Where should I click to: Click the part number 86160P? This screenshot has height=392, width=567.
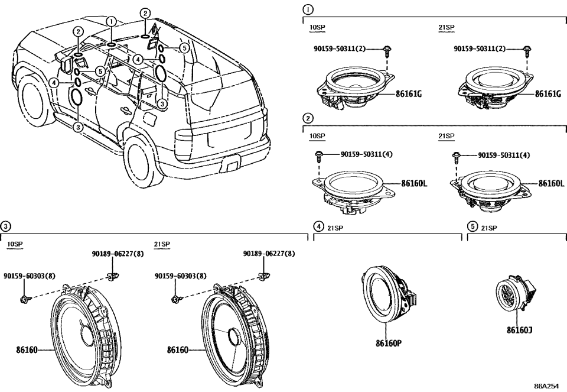388,342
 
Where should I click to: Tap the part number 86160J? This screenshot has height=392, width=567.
519,330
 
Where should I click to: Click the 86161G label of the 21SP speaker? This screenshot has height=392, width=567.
548,93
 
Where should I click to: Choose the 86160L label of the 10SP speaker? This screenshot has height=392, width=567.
414,183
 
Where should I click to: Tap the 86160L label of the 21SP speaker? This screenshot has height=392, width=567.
551,183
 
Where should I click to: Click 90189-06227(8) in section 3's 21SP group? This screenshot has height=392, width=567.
269,254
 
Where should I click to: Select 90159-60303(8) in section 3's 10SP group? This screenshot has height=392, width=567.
30,276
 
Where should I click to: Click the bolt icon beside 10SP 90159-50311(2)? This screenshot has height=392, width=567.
387,50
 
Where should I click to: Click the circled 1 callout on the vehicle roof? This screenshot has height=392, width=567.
110,21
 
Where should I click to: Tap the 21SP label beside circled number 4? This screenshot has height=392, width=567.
335,227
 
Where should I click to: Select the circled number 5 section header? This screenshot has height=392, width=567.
472,226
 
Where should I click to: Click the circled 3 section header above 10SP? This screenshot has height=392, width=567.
5,226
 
